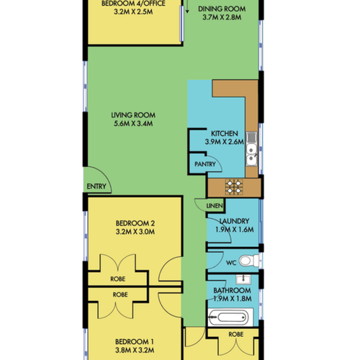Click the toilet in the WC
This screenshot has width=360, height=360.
[x=249, y=261]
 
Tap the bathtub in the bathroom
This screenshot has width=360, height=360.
[x=230, y=318]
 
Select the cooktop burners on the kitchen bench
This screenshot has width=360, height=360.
[x=234, y=187]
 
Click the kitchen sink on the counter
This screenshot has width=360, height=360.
[x=251, y=149]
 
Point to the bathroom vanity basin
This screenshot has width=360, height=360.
[x=243, y=279]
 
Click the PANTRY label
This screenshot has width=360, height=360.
[x=205, y=164]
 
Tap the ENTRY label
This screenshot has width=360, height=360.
[x=96, y=186]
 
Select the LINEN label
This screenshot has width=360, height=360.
[x=215, y=206]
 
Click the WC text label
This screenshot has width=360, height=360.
[x=231, y=263]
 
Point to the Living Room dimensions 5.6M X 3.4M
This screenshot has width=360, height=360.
[x=133, y=124]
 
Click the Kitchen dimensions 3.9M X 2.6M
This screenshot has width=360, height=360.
[x=225, y=142]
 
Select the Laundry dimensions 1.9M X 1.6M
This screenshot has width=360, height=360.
[x=235, y=230]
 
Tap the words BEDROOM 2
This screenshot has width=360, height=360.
[x=135, y=223]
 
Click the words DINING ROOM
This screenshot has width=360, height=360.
[x=222, y=9]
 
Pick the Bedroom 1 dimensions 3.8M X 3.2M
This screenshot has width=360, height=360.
[x=135, y=350]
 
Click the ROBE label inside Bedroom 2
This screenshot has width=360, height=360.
[x=118, y=279]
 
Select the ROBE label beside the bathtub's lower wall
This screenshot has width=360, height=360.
[x=236, y=334]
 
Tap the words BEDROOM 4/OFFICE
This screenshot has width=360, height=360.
[x=133, y=4]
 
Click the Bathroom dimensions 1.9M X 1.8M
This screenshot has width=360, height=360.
[x=233, y=299]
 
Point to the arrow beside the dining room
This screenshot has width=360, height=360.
[x=187, y=6]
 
